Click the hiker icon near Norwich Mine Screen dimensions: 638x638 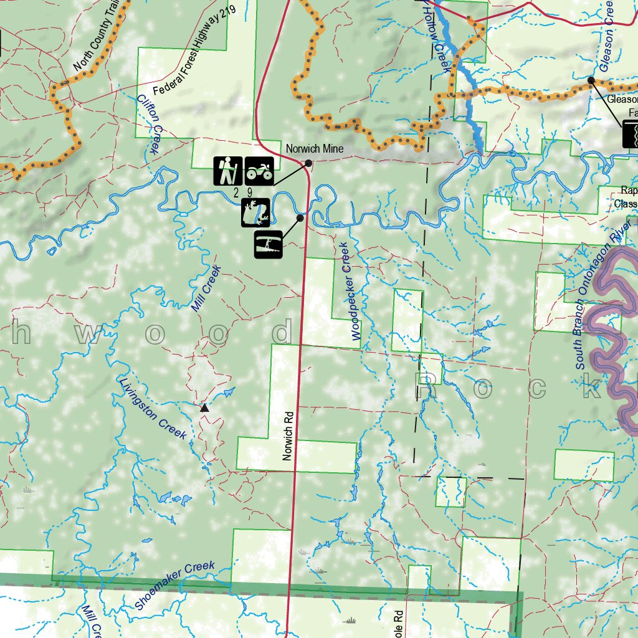[228, 171]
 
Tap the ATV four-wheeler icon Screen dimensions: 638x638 [259, 171]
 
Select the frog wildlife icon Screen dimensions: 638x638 [255, 212]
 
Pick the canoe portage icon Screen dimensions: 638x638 [269, 244]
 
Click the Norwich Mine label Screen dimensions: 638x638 [315, 149]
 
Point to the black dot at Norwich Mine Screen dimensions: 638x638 [308, 163]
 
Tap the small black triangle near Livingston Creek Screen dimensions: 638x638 [204, 408]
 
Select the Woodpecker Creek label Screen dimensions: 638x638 [348, 300]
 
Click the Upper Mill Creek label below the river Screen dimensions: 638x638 [207, 288]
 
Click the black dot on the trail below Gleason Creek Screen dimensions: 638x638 [591, 80]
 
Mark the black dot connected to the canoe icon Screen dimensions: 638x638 [300, 218]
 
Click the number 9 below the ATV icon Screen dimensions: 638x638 [249, 193]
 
